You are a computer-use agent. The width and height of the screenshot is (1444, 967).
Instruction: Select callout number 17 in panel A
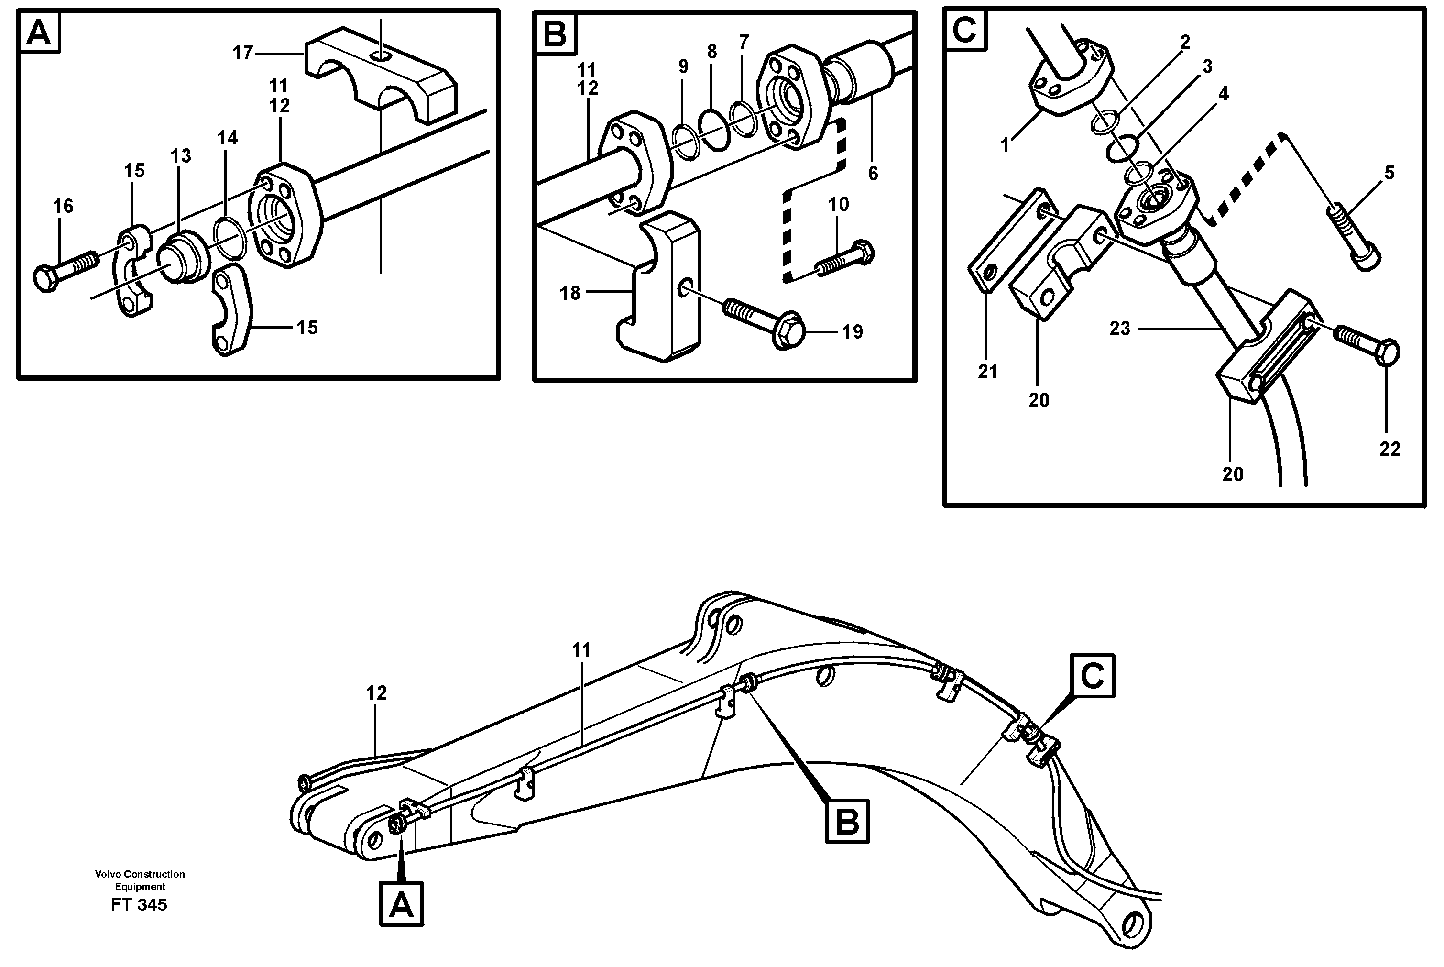[x=243, y=54]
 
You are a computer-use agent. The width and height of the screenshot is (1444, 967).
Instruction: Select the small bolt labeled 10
[x=845, y=260]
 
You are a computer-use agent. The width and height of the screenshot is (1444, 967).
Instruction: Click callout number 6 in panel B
[x=873, y=174]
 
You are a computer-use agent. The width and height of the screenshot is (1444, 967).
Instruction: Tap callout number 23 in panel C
[x=1120, y=329]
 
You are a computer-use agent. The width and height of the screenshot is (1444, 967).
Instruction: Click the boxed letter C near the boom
[x=1093, y=676]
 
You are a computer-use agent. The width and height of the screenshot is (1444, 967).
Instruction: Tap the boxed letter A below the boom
[x=401, y=905]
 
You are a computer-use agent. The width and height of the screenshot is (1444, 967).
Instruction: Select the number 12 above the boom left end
[x=376, y=692]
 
